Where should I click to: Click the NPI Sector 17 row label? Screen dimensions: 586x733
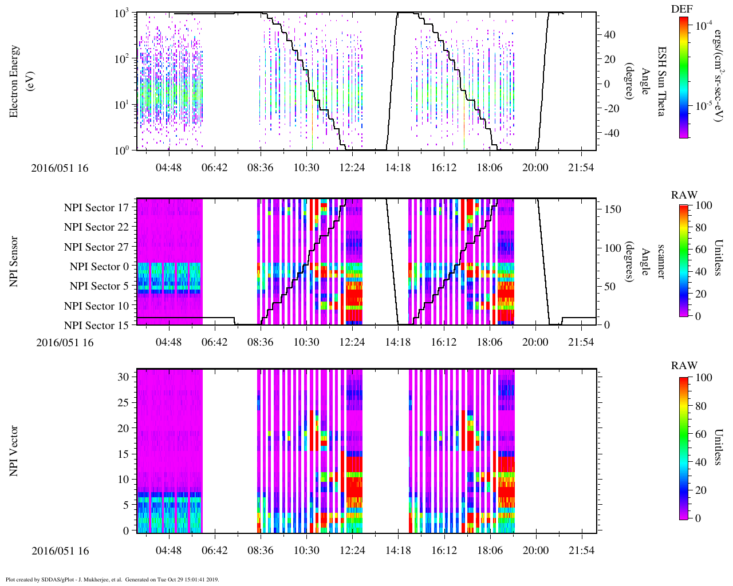click(x=97, y=208)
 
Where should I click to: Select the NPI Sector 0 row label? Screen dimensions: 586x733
click(x=100, y=267)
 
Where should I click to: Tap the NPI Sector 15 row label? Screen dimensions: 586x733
click(x=97, y=326)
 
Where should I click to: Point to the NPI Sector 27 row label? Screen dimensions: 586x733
click(x=97, y=247)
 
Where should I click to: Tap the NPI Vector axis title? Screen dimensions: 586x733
click(x=14, y=451)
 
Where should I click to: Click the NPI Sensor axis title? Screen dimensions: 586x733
click(x=14, y=262)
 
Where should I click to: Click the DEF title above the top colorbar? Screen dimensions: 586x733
click(x=681, y=9)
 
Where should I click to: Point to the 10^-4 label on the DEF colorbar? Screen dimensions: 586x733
click(x=704, y=25)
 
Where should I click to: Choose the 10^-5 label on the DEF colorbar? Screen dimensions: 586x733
click(x=704, y=105)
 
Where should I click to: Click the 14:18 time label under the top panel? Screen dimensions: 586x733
click(x=398, y=168)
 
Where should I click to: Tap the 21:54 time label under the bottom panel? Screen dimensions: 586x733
click(x=581, y=551)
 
